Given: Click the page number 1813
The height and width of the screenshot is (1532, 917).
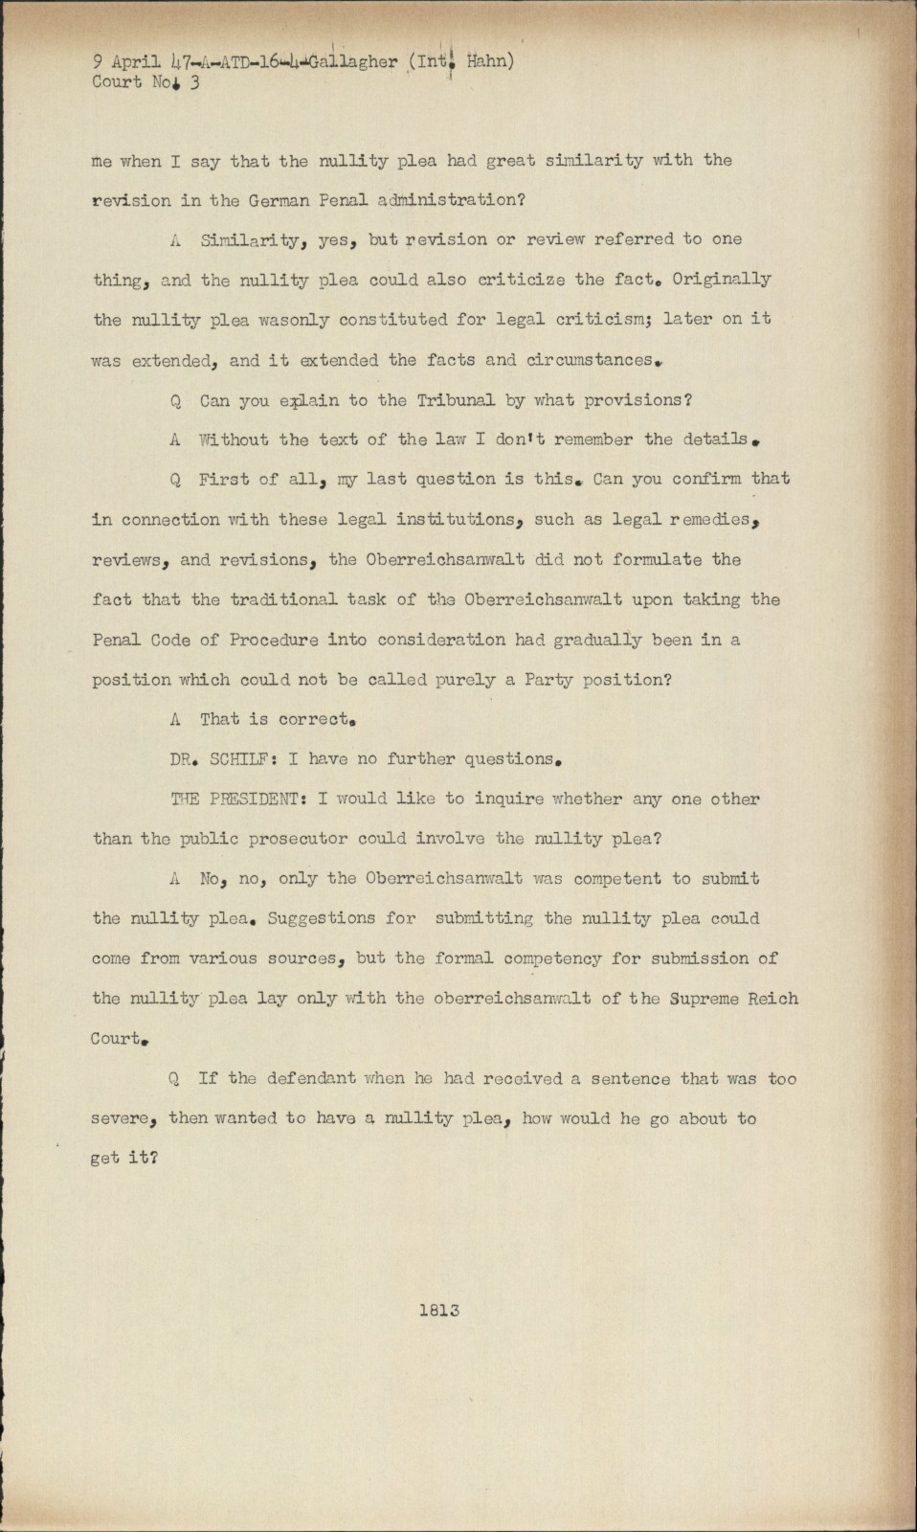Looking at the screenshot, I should (x=439, y=1310).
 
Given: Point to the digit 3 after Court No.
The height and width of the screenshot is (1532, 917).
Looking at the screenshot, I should (x=194, y=82).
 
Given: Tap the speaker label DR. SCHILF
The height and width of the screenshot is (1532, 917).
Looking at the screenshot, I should (x=215, y=759).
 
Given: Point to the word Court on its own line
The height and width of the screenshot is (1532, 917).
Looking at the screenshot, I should (x=117, y=1039).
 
